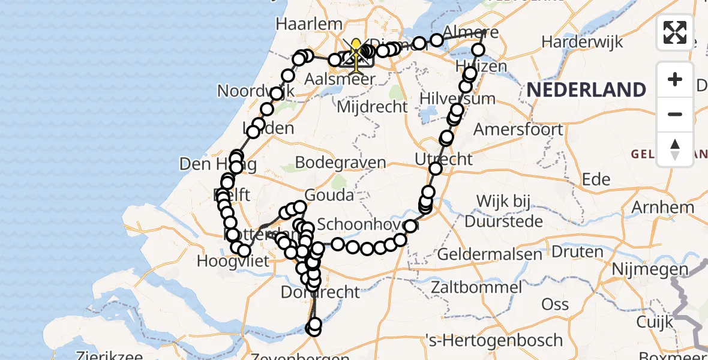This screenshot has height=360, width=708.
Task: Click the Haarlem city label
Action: pyautogui.click(x=308, y=25)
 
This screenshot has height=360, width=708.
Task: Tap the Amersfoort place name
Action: pyautogui.click(x=518, y=129)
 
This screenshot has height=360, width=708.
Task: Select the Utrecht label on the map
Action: pyautogui.click(x=443, y=160)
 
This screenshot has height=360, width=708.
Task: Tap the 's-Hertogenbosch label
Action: pyautogui.click(x=493, y=340)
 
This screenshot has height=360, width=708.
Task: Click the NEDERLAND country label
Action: pyautogui.click(x=586, y=90)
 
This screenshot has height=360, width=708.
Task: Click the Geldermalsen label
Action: pyautogui.click(x=490, y=254)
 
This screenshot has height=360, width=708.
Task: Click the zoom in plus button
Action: pyautogui.click(x=675, y=79)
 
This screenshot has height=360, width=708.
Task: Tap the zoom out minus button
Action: pyautogui.click(x=675, y=114)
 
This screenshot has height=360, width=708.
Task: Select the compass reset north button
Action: pyautogui.click(x=675, y=149)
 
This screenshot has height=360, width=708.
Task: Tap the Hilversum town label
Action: pyautogui.click(x=458, y=98)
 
